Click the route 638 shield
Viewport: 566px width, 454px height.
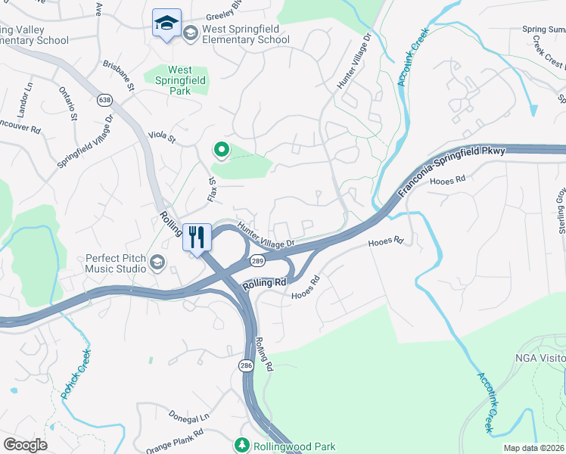click(x=104, y=99)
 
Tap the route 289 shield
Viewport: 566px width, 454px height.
click(x=257, y=260)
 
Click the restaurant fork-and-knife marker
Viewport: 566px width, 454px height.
click(x=197, y=237)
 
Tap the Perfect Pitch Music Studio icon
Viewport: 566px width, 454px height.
click(x=157, y=262)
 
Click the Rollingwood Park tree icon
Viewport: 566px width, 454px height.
click(x=241, y=446)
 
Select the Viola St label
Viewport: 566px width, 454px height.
click(x=161, y=138)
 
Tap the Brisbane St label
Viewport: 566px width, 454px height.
click(x=119, y=76)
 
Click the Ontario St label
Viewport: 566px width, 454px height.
click(x=68, y=104)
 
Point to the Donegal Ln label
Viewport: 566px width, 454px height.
click(x=188, y=416)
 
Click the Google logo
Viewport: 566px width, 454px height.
click(x=25, y=445)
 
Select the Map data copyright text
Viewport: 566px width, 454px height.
click(x=533, y=448)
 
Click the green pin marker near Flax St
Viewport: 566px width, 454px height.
click(x=221, y=150)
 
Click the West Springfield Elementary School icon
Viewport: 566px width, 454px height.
click(x=190, y=32)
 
